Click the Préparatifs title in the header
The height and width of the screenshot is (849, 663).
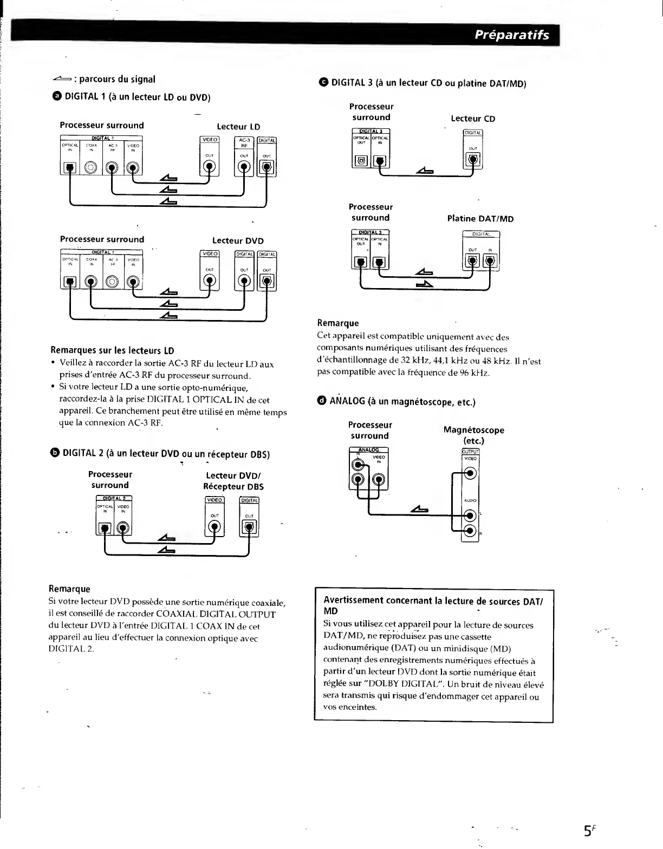click(x=511, y=35)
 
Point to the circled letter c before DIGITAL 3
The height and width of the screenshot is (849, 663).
click(x=323, y=82)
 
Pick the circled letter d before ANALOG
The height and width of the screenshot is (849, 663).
click(x=322, y=401)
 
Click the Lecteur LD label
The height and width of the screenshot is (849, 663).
click(x=238, y=127)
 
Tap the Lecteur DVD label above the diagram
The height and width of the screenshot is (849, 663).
click(x=238, y=240)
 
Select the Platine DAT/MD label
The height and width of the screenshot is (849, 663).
click(x=480, y=219)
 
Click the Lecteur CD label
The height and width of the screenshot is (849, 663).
click(x=473, y=119)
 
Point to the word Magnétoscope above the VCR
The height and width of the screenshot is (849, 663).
click(x=473, y=430)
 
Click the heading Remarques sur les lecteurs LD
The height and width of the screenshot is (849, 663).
click(x=112, y=350)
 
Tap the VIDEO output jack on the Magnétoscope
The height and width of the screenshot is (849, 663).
click(x=470, y=474)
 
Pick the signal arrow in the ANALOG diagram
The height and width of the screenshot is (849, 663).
click(x=420, y=509)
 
